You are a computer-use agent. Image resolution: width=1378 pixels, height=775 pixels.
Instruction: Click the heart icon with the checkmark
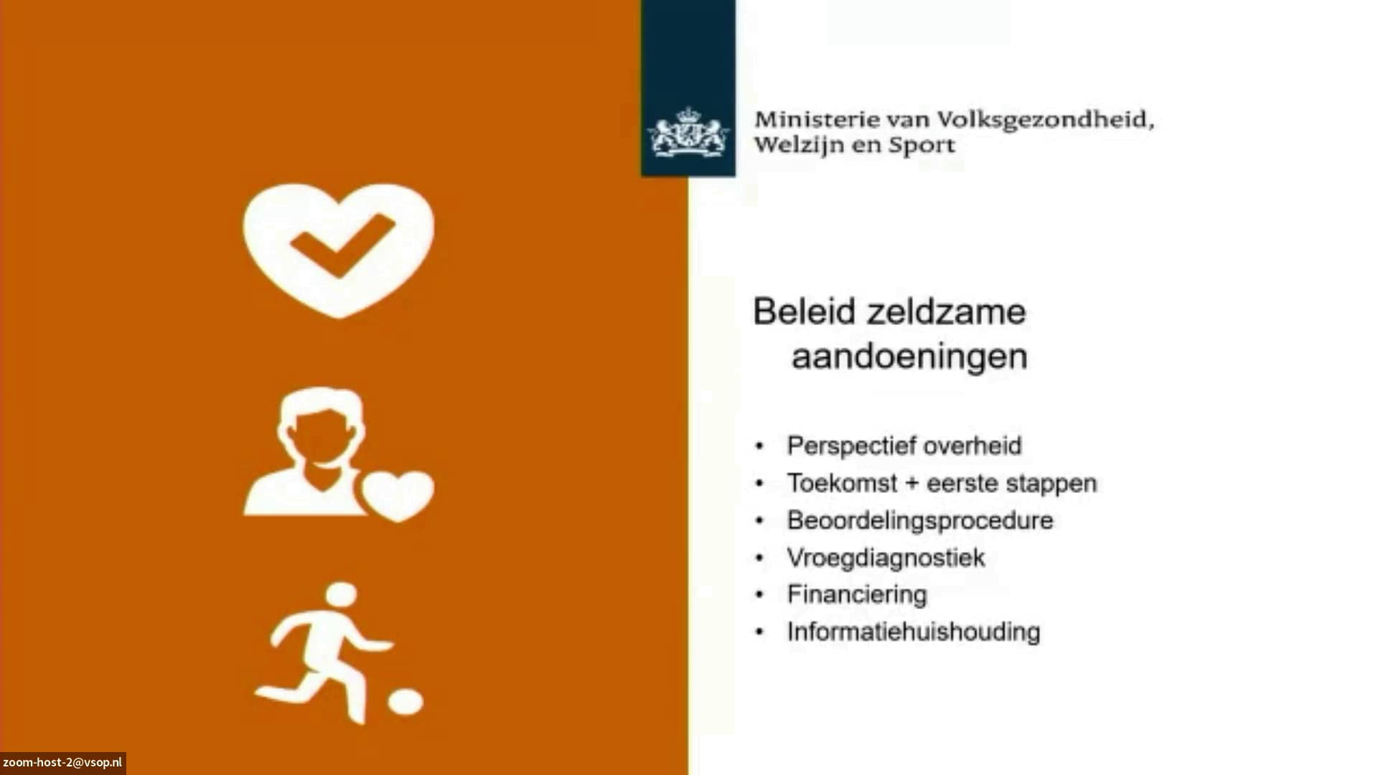coord(339,250)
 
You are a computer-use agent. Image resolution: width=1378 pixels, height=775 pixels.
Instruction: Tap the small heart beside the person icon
coord(398,496)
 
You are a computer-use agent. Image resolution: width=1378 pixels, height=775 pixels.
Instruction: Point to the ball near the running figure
coord(406,701)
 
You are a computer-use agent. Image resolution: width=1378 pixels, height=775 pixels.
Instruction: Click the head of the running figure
coord(341,595)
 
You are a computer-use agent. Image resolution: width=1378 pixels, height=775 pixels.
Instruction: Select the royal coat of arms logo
coord(688,132)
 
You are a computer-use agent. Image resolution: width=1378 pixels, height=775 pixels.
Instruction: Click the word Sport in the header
coord(922,146)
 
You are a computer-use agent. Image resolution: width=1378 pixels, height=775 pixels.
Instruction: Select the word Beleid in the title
coord(805,311)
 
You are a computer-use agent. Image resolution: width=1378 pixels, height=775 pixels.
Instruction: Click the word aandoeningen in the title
coord(909,357)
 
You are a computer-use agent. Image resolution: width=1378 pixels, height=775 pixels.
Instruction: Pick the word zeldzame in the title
coord(947,311)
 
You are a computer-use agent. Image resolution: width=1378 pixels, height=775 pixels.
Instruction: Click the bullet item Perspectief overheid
coord(904,446)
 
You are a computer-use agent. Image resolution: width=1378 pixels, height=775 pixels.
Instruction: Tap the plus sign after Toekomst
coord(912,483)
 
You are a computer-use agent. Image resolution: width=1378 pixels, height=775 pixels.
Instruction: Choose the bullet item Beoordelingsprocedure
coord(920,520)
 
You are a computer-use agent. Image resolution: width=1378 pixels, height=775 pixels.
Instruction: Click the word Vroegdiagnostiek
coord(886,558)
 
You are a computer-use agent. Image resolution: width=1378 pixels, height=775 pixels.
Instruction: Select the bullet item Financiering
coord(857,594)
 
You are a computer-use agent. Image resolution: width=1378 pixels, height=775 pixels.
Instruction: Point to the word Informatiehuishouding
coord(914,631)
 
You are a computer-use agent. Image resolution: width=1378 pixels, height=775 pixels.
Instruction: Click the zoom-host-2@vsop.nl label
coord(62,763)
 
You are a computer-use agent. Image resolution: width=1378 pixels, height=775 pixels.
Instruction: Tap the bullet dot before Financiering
coord(760,595)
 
